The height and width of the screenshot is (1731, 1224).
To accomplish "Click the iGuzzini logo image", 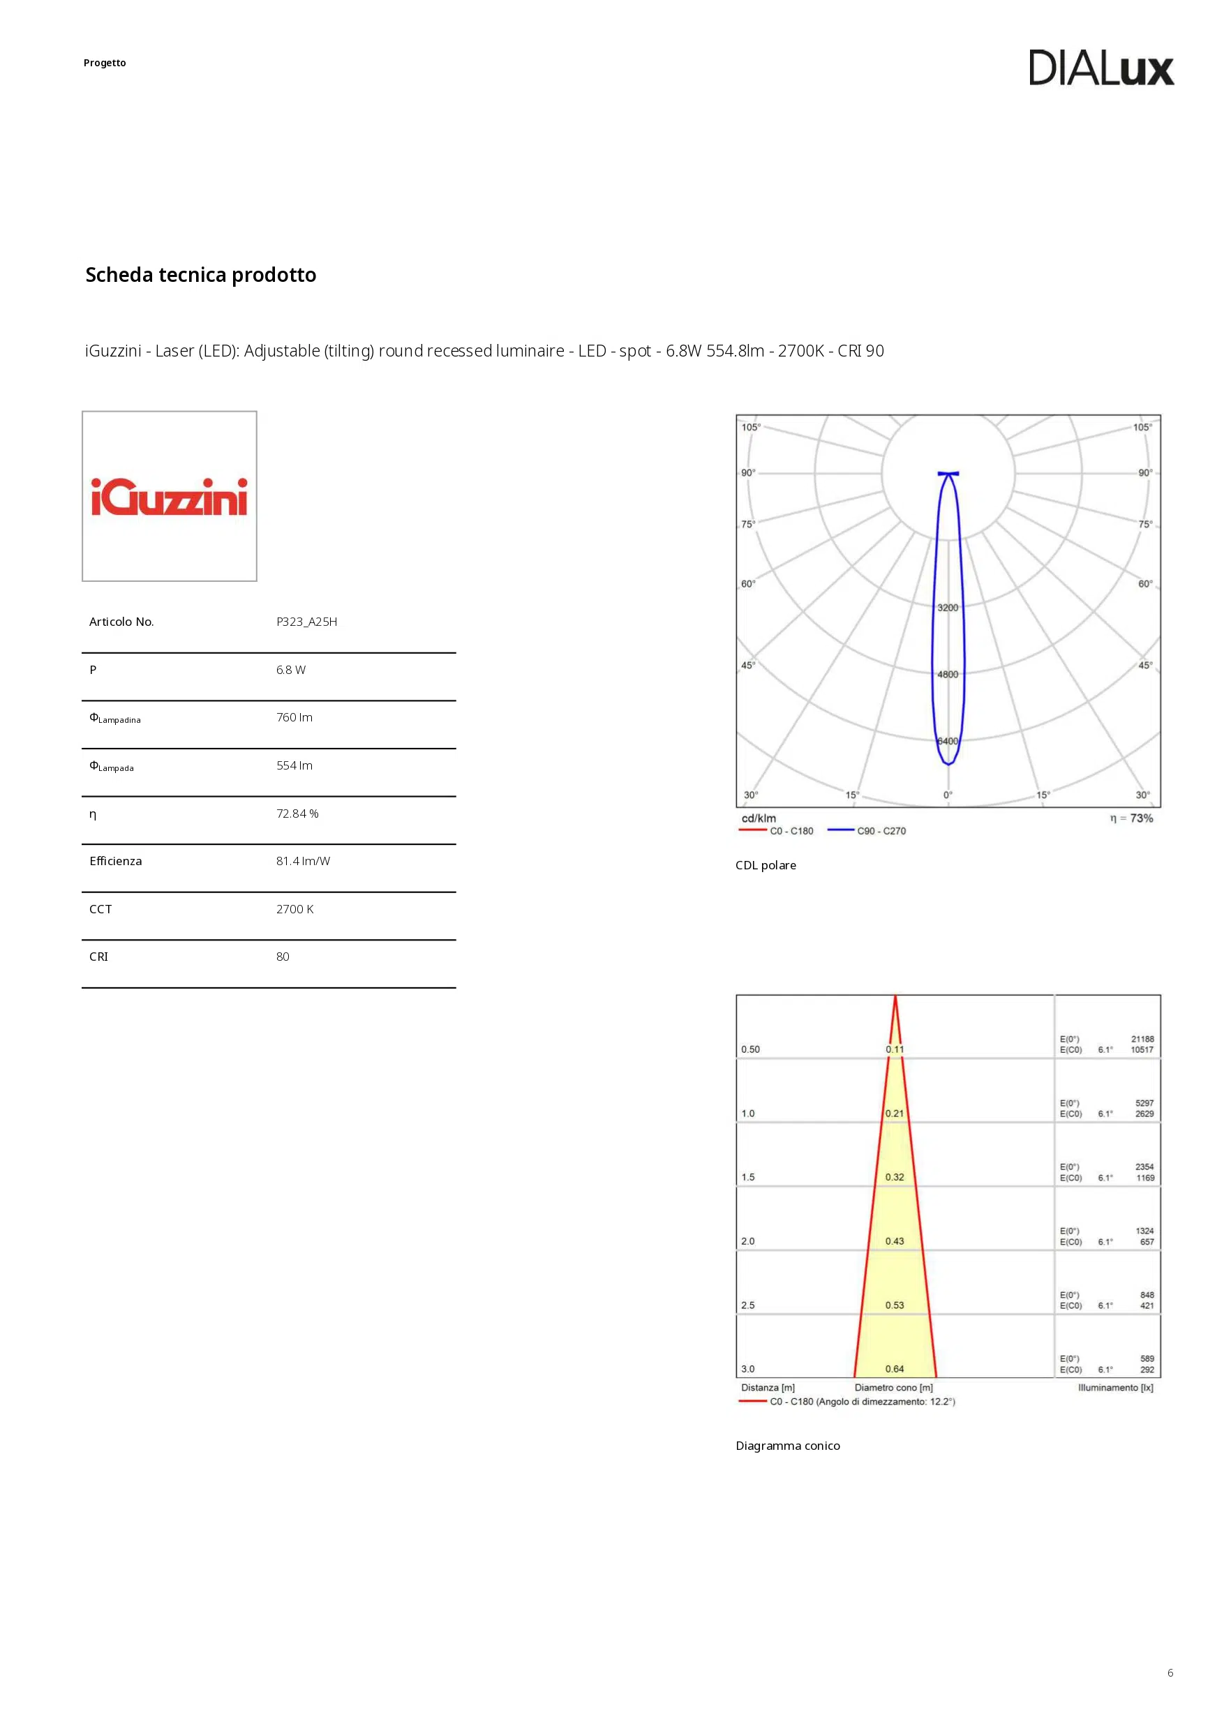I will tap(169, 496).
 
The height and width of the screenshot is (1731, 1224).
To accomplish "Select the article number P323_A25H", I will tap(306, 622).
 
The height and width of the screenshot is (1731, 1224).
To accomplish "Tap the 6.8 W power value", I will tap(290, 670).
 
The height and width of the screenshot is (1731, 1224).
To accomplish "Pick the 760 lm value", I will tap(294, 717).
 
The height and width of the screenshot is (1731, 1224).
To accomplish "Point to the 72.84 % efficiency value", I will tap(297, 814).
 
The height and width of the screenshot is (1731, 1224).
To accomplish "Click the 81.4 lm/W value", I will tap(302, 861).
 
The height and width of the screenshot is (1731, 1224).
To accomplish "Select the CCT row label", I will tap(100, 909).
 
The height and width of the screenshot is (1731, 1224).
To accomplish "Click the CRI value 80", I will tap(283, 957).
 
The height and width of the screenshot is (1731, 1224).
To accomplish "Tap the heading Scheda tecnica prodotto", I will tap(200, 274).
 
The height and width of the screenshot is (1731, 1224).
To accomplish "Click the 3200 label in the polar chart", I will tap(947, 608).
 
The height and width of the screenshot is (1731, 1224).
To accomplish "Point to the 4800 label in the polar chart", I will tap(947, 675).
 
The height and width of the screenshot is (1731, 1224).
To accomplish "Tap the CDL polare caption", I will tap(766, 865).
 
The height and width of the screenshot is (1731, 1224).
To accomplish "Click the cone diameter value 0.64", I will tap(895, 1369).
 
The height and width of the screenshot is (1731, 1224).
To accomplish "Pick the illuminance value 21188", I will tap(1142, 1039).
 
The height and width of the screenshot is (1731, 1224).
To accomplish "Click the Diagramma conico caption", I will tap(787, 1446).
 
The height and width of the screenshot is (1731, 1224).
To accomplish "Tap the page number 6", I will tap(1170, 1673).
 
